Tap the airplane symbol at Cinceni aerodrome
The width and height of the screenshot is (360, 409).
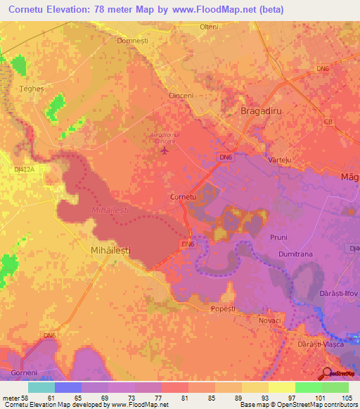[165, 150]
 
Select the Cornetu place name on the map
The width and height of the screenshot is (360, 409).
[184, 197]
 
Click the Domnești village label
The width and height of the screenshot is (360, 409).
[133, 41]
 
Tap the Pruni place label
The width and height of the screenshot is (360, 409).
[279, 238]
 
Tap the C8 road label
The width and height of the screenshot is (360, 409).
[328, 122]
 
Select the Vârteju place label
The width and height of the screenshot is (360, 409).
[280, 160]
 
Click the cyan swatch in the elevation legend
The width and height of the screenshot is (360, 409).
[41, 387]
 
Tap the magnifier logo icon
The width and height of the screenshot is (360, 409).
[328, 375]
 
